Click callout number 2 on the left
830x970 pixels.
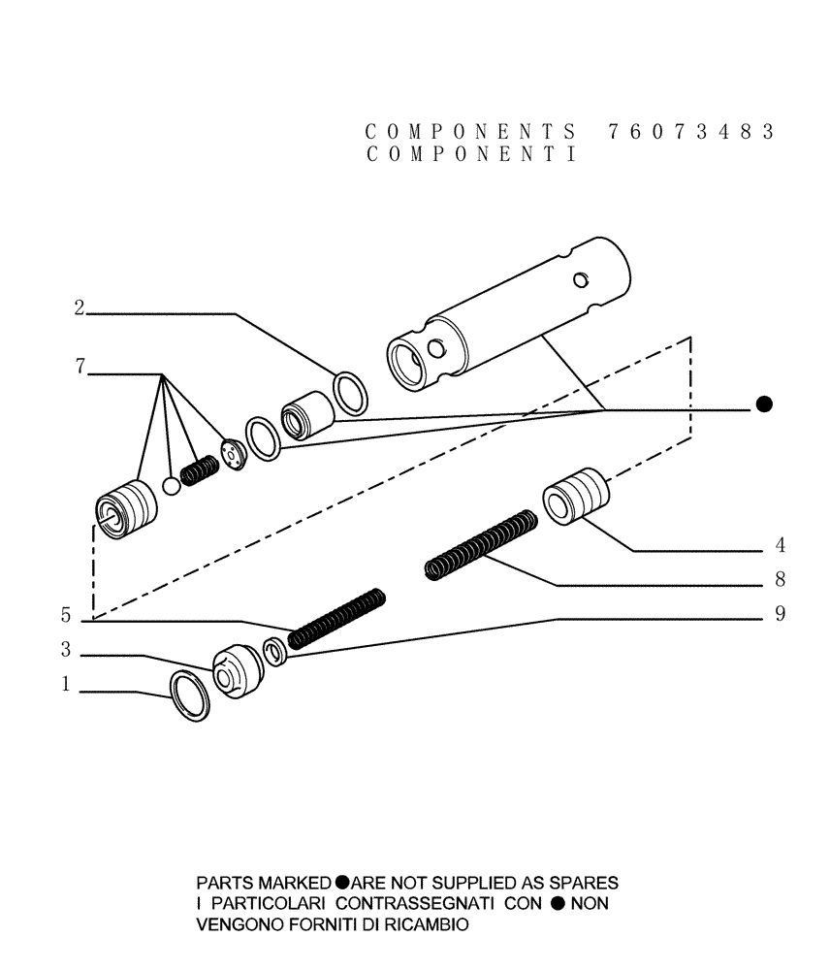80,308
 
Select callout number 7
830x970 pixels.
80,367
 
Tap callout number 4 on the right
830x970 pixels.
779,544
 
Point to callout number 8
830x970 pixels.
779,580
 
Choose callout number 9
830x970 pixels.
779,614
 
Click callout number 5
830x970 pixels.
65,615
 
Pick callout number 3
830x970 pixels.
65,650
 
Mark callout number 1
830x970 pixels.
65,685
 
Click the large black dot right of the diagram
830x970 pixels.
764,404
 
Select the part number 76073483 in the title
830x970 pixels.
691,132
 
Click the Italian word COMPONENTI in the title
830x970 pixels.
472,155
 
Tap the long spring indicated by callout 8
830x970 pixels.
481,547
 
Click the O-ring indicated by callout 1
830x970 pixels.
189,696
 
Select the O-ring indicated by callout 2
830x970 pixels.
350,395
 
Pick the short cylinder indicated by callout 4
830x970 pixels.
578,497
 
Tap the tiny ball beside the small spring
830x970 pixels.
172,485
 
